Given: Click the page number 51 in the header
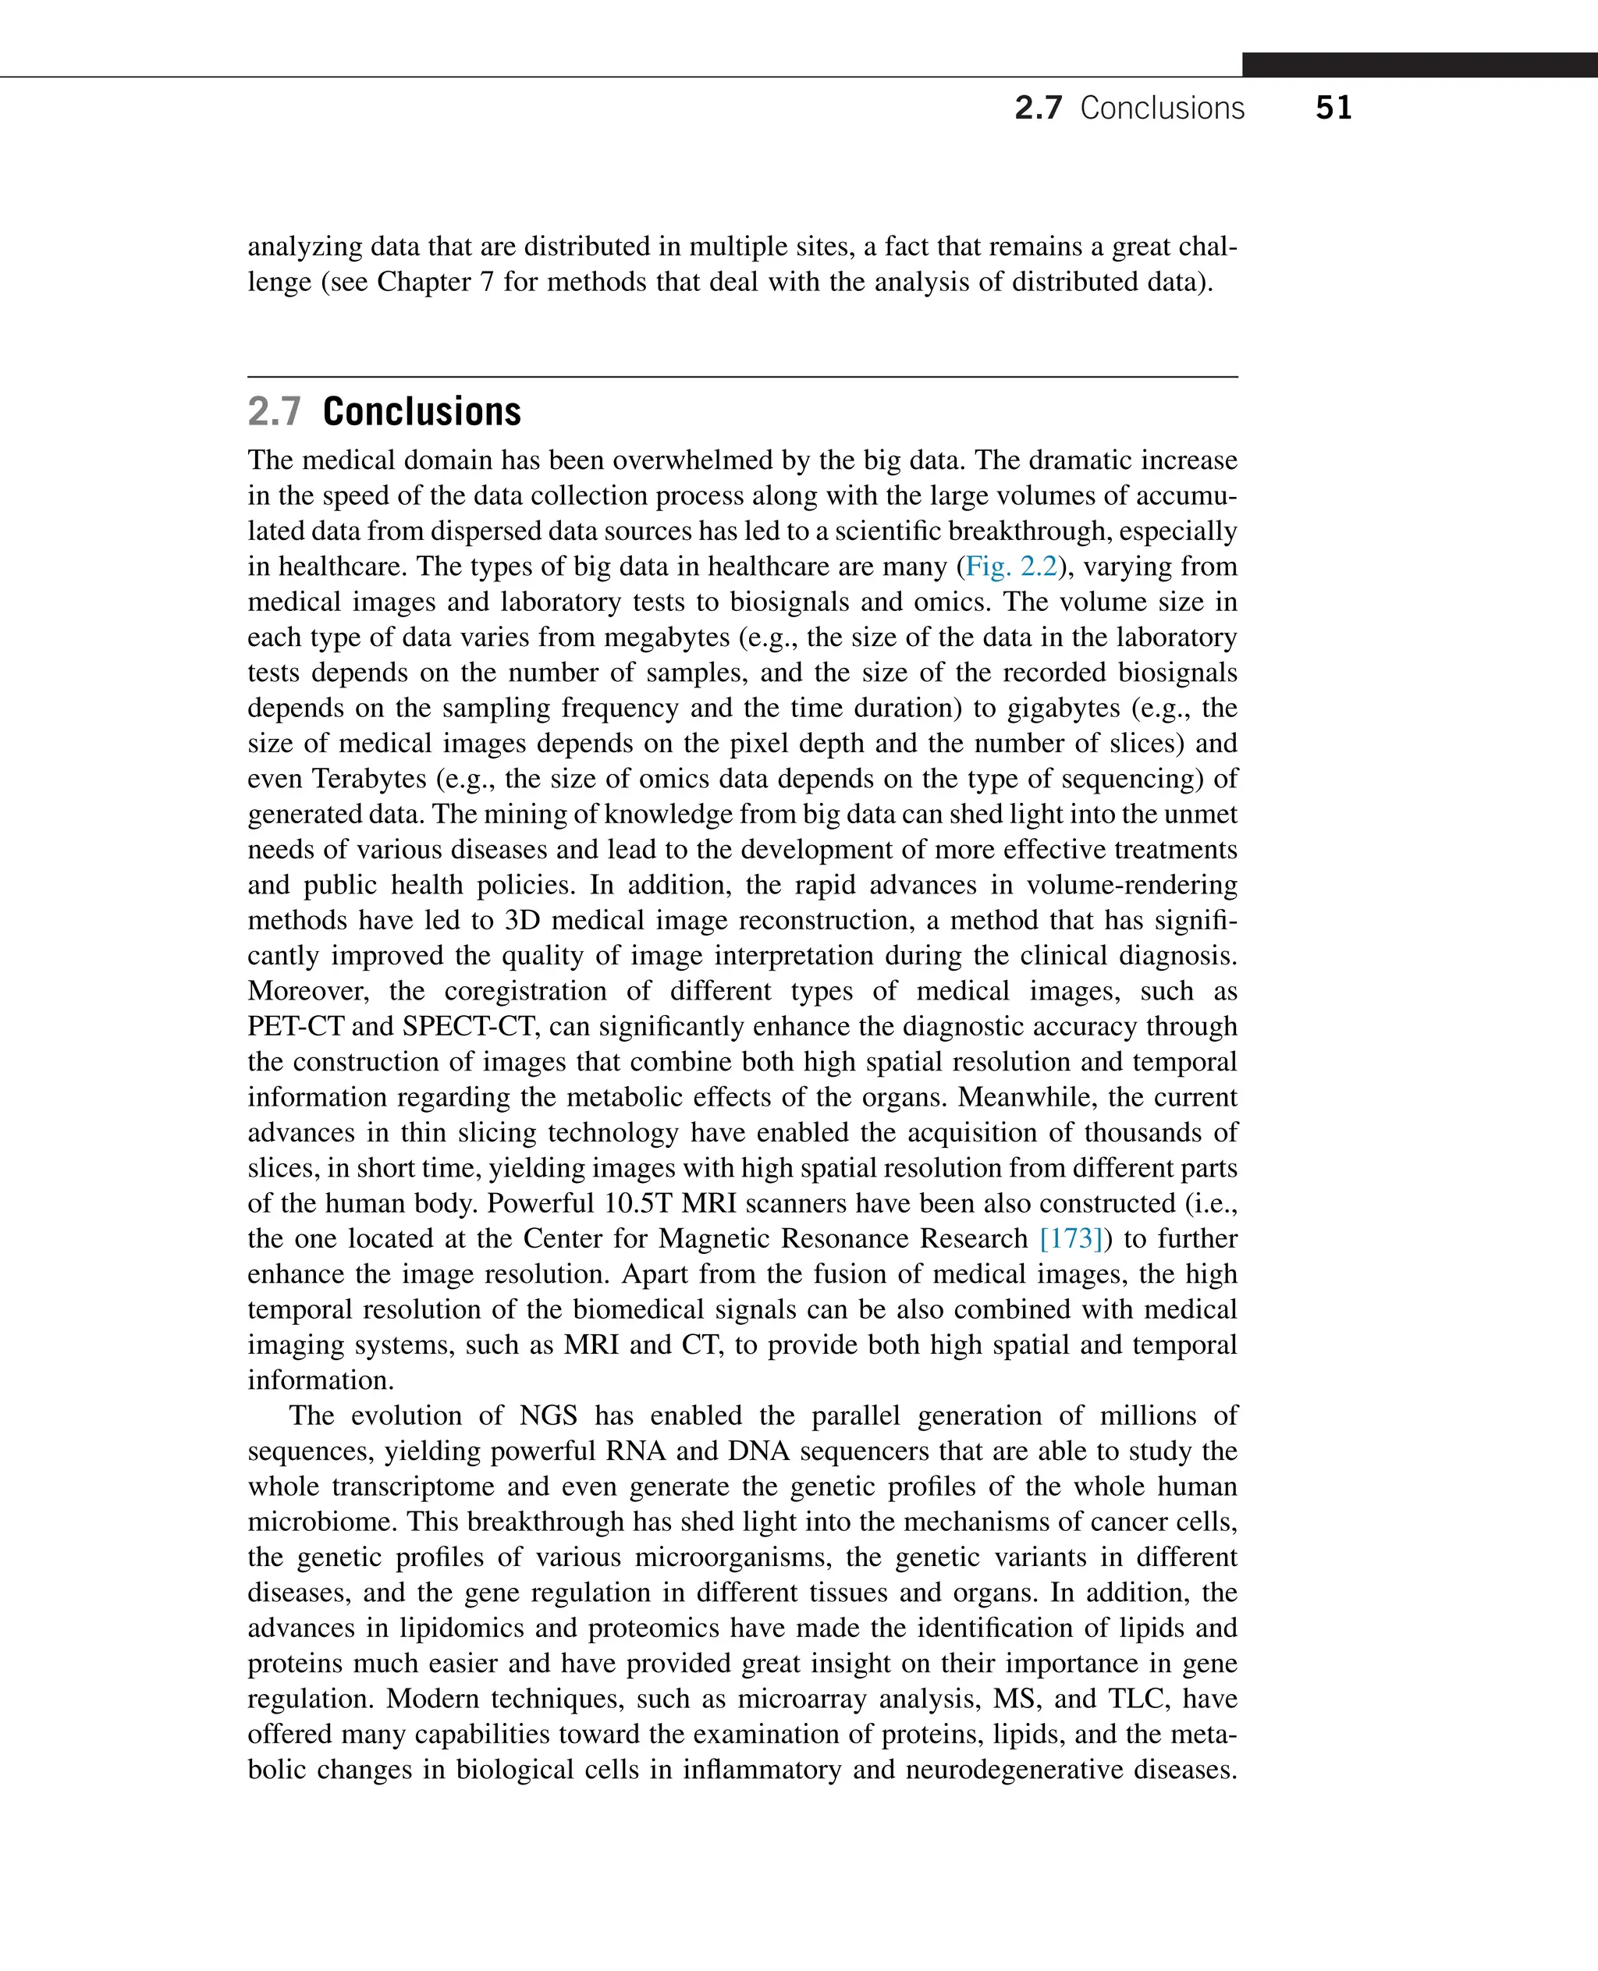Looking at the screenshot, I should point(1333,108).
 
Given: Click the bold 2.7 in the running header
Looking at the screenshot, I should point(1038,108).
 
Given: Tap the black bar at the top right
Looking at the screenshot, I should point(1419,65).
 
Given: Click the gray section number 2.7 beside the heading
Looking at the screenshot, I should point(275,411).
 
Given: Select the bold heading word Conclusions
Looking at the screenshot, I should point(421,411).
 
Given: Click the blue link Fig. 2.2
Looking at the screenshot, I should point(1010,566).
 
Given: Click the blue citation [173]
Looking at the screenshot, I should point(1071,1238).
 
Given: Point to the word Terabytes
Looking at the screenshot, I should point(369,779).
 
